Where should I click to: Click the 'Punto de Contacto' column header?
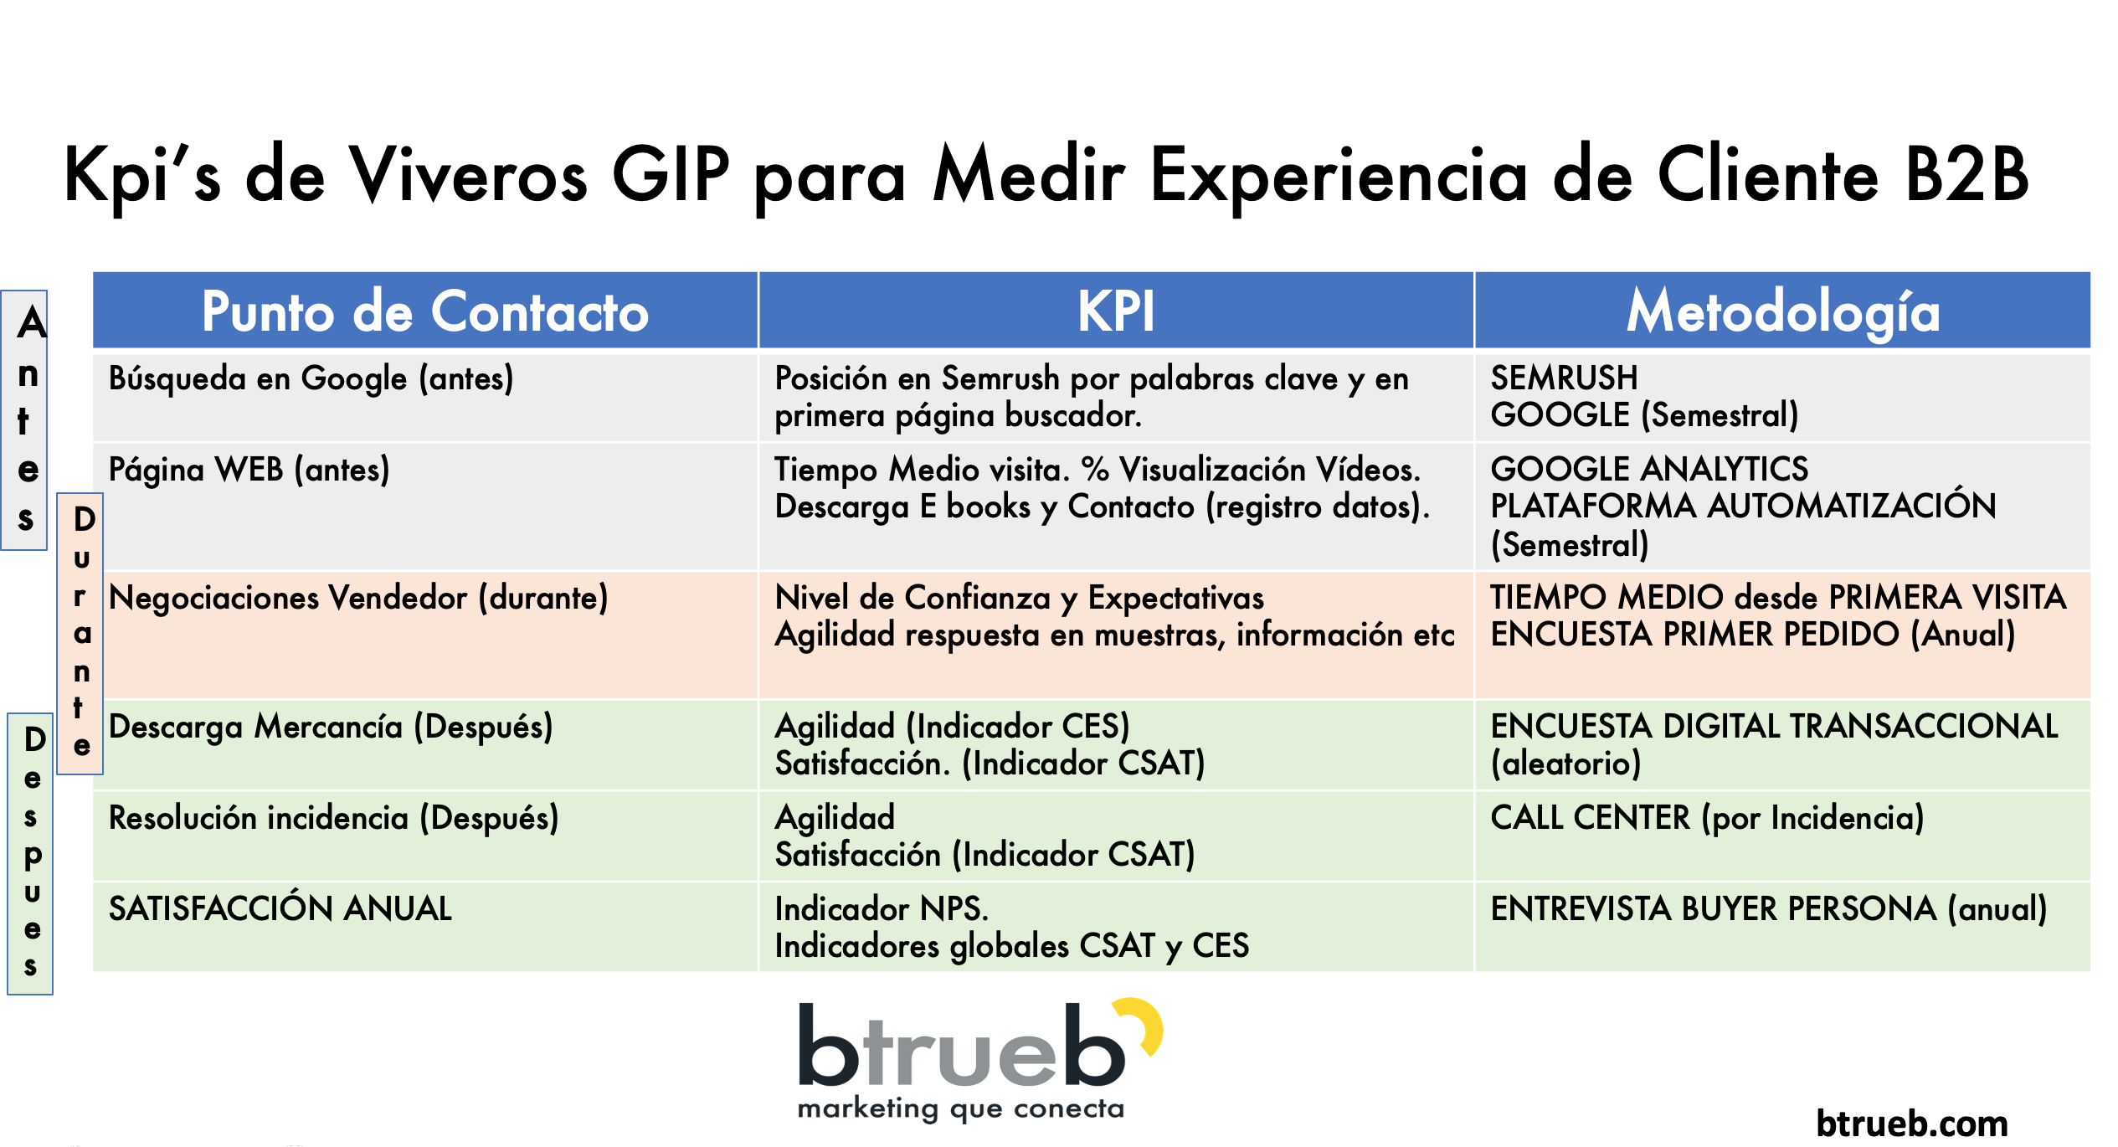[425, 311]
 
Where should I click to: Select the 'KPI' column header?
[1116, 311]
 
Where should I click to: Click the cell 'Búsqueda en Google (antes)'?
[311, 379]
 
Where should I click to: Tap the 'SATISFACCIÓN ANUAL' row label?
[280, 908]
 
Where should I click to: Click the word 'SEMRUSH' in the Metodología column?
[1564, 378]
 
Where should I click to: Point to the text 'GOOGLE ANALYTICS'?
[1649, 469]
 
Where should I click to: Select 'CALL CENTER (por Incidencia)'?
[1707, 818]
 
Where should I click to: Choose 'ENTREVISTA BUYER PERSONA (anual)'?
[1769, 909]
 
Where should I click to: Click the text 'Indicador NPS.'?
[882, 908]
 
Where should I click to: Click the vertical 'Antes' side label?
[25, 420]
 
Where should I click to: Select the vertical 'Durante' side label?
[80, 634]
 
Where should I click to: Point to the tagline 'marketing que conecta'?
[961, 1110]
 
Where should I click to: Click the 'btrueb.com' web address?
[1912, 1124]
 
